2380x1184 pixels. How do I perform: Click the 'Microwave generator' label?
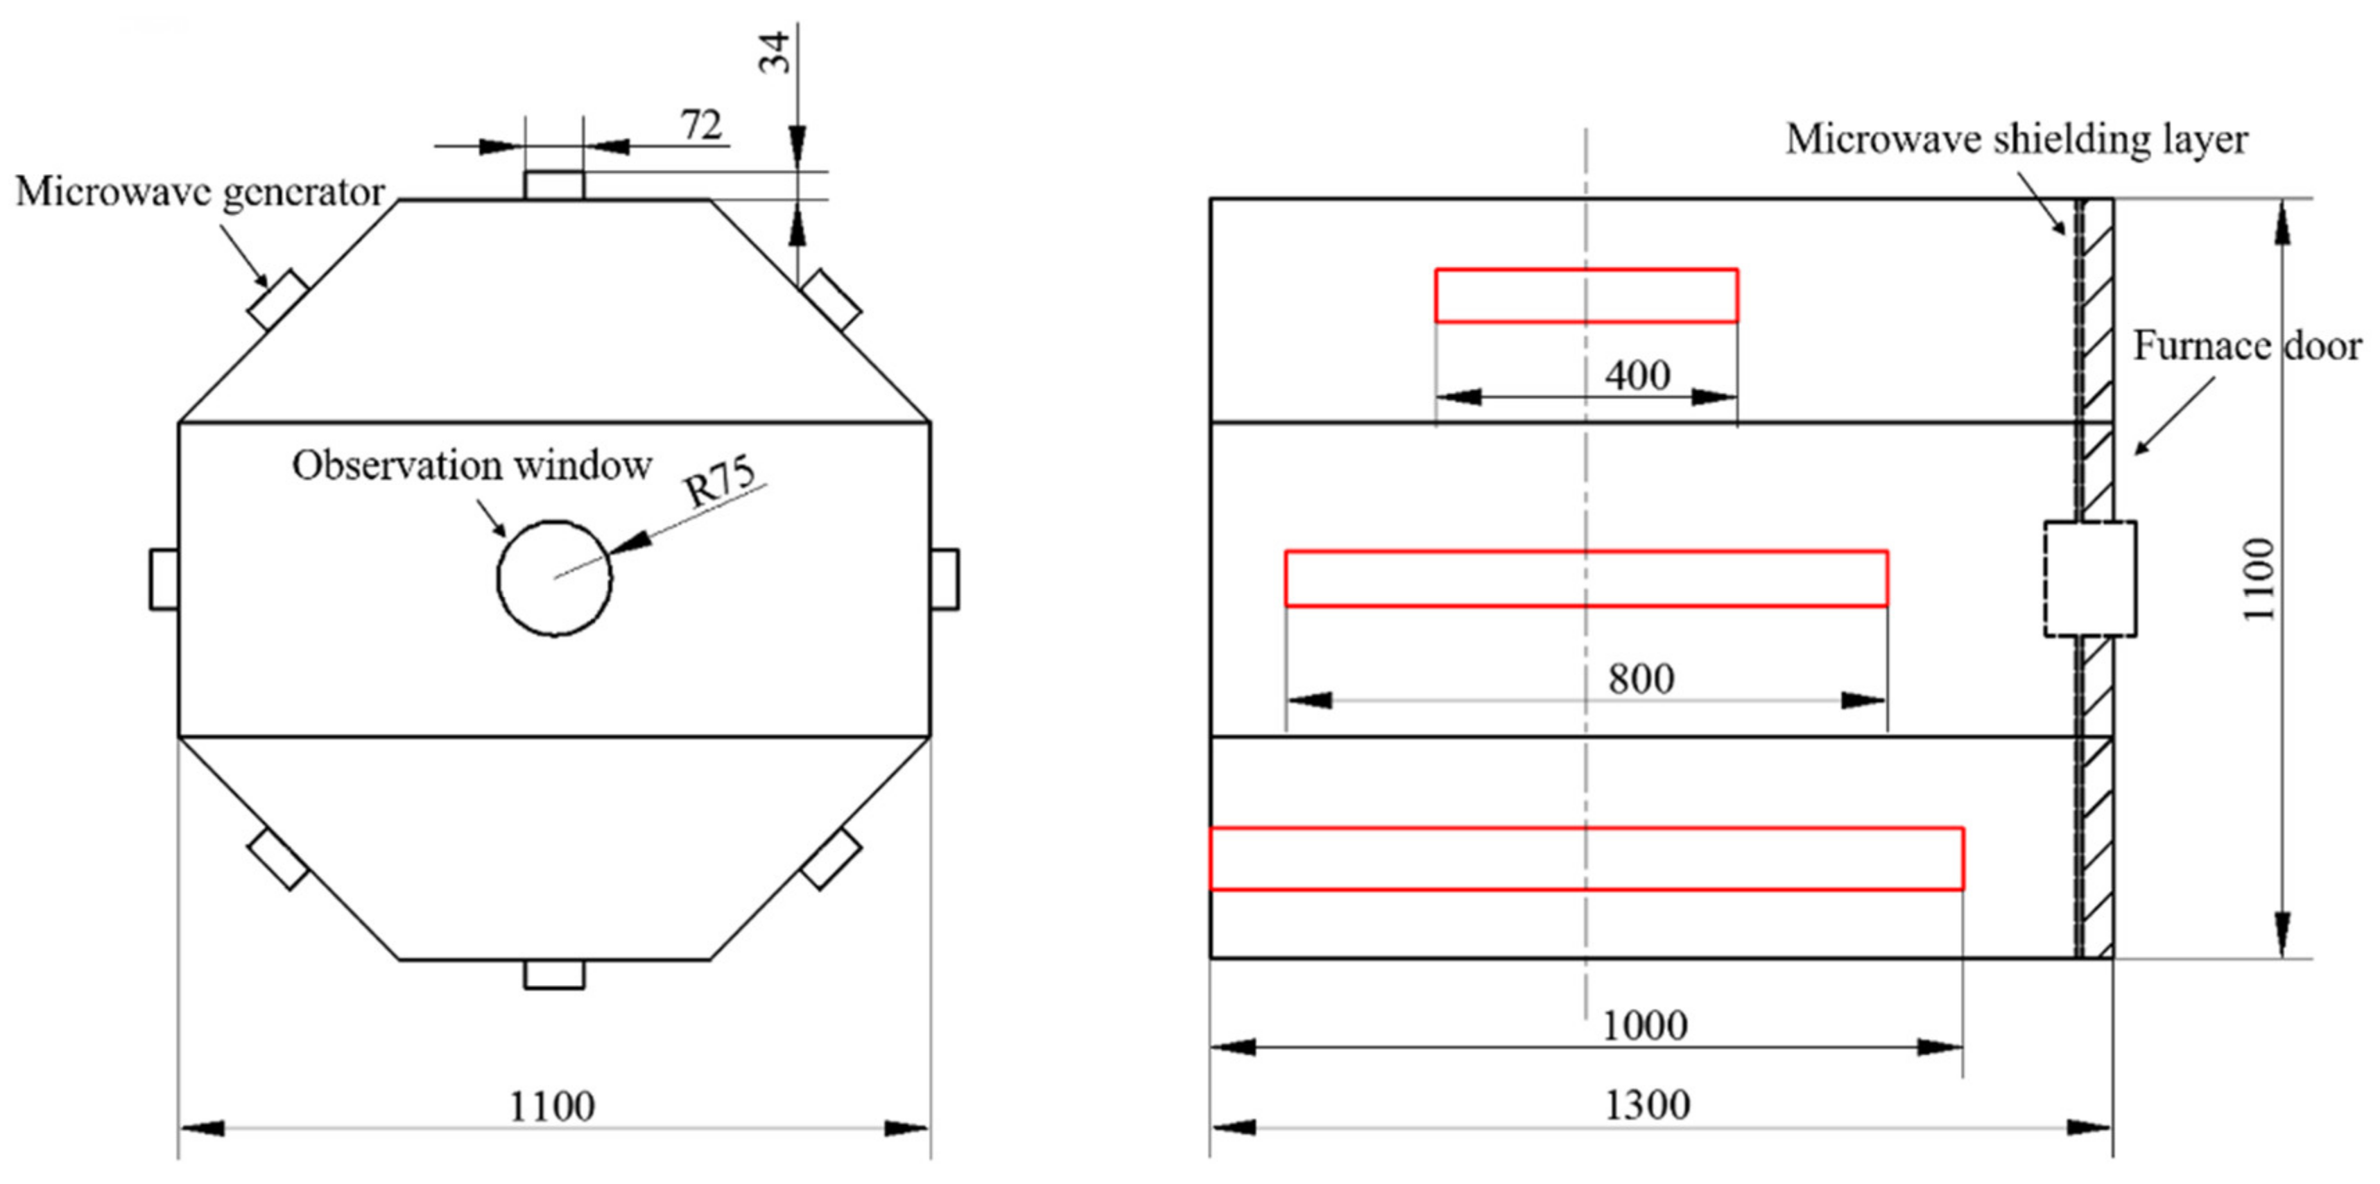(200, 193)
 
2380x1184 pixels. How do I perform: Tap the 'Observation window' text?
(472, 465)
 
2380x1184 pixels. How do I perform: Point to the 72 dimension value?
(701, 125)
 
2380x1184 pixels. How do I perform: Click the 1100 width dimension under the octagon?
(553, 1106)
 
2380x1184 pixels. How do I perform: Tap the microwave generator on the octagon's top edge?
(554, 184)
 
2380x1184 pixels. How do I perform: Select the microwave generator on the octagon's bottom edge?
(554, 975)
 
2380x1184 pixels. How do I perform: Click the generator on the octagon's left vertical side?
(164, 579)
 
